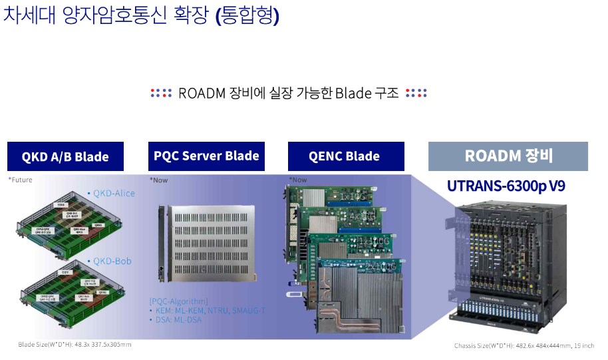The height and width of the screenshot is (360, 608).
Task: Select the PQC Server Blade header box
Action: click(206, 156)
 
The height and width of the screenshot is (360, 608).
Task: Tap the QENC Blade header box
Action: click(344, 156)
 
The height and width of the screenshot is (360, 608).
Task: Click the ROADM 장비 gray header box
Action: click(508, 156)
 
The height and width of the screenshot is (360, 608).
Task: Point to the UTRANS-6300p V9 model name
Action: click(506, 186)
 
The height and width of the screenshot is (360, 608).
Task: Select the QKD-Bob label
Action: click(112, 261)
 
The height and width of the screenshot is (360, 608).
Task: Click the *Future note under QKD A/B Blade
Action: click(20, 180)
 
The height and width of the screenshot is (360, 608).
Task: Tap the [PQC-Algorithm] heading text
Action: click(179, 301)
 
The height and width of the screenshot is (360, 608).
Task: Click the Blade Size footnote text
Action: click(75, 345)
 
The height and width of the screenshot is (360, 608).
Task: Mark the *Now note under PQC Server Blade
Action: click(159, 180)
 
